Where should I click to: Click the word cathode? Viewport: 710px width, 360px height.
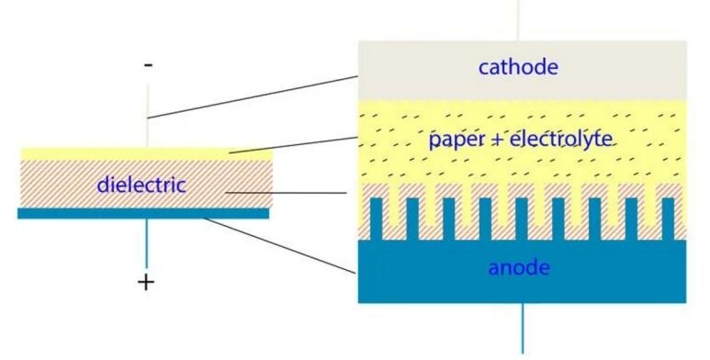pyautogui.click(x=518, y=67)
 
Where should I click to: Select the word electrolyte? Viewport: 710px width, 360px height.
pyautogui.click(x=561, y=139)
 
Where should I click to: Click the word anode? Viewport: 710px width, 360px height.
pyautogui.click(x=519, y=267)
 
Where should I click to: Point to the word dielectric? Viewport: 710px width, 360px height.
pyautogui.click(x=141, y=185)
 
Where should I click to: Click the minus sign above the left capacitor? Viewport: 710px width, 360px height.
pyautogui.click(x=148, y=65)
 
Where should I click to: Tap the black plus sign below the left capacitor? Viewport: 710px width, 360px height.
pyautogui.click(x=146, y=283)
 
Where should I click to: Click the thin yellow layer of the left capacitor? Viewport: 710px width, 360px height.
pyautogui.click(x=147, y=154)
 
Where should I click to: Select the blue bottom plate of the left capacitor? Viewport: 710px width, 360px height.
pyautogui.click(x=143, y=213)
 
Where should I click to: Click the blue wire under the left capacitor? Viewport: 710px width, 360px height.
pyautogui.click(x=146, y=243)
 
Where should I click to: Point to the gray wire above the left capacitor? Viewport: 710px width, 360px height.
pyautogui.click(x=148, y=116)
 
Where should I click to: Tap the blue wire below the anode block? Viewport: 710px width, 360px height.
pyautogui.click(x=523, y=328)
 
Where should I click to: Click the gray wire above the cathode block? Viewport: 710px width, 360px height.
pyautogui.click(x=518, y=20)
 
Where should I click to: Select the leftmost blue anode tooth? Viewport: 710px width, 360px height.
pyautogui.click(x=377, y=219)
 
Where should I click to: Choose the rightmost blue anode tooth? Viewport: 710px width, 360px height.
pyautogui.click(x=668, y=219)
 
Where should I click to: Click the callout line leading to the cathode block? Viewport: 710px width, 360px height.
pyautogui.click(x=254, y=97)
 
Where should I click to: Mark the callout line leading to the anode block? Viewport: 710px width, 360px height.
pyautogui.click(x=279, y=246)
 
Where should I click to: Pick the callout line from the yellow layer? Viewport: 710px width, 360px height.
pyautogui.click(x=293, y=145)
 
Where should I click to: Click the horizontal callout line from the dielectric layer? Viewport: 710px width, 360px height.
pyautogui.click(x=286, y=193)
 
